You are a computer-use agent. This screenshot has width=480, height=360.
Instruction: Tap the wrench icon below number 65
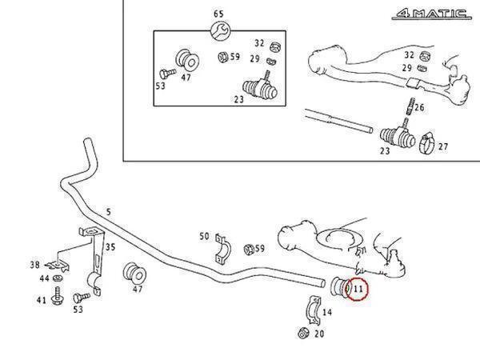218,31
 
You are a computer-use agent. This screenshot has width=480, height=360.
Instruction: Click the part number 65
218,14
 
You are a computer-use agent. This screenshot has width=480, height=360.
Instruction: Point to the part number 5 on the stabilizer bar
110,211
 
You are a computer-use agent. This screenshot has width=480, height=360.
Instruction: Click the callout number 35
110,247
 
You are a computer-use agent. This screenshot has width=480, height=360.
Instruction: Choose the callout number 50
204,237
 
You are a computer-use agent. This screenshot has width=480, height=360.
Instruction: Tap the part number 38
34,264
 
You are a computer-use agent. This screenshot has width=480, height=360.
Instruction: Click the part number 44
44,278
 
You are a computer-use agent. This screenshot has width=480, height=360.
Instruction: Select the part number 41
40,300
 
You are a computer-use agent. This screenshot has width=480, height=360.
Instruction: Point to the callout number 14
327,312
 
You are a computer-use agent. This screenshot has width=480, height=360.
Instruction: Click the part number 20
320,334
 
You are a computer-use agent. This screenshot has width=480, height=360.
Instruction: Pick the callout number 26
419,108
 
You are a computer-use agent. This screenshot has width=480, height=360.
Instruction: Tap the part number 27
444,146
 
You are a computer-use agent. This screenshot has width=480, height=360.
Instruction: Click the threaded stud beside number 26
407,106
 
